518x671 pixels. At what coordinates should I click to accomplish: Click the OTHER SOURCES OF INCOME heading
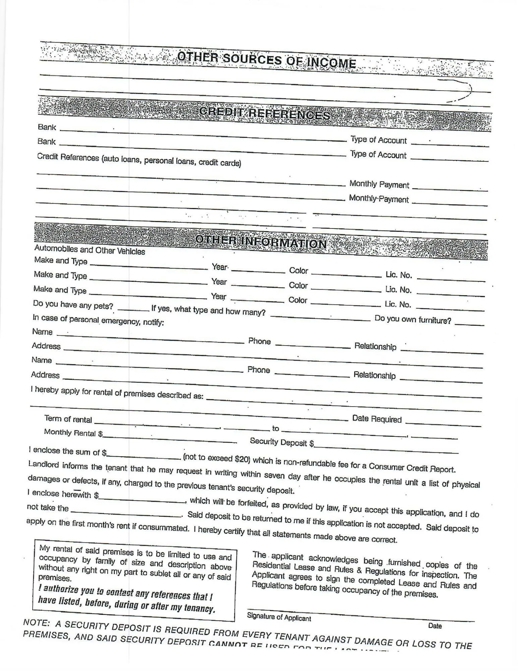tap(267, 60)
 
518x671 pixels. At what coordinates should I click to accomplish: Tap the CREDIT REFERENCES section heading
tap(265, 113)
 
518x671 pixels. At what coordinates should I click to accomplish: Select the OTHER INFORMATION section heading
tap(261, 241)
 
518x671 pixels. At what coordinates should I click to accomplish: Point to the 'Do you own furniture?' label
tap(413, 319)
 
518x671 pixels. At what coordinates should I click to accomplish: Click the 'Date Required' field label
tap(377, 419)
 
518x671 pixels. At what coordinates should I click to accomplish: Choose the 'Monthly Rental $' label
tap(73, 433)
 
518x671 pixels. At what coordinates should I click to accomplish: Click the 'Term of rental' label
tap(68, 419)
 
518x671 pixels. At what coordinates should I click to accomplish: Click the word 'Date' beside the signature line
tap(435, 626)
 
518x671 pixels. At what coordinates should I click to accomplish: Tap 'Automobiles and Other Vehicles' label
tap(90, 250)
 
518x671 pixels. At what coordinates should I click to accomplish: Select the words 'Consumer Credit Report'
tap(412, 468)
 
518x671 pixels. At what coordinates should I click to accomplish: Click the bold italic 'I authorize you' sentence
tap(126, 601)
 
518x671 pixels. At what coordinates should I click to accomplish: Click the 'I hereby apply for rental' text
tap(117, 393)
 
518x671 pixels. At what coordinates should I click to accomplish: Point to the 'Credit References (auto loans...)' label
tap(139, 160)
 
